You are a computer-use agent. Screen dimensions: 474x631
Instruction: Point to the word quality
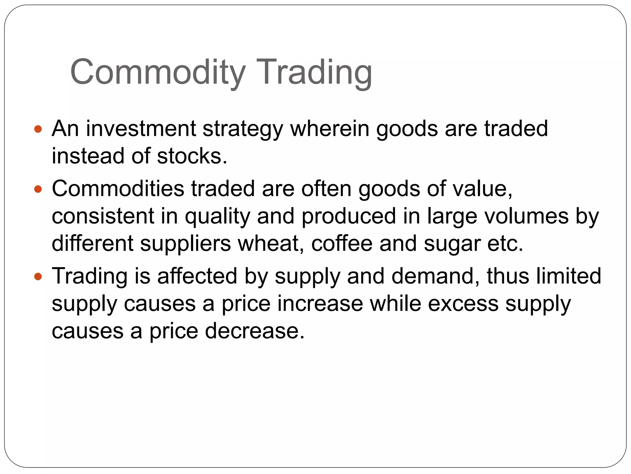pos(218,217)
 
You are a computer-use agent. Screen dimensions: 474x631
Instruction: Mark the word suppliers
pos(185,244)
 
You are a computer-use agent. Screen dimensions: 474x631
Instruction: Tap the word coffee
pos(342,243)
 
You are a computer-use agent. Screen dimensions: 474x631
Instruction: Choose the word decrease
pos(252,331)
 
